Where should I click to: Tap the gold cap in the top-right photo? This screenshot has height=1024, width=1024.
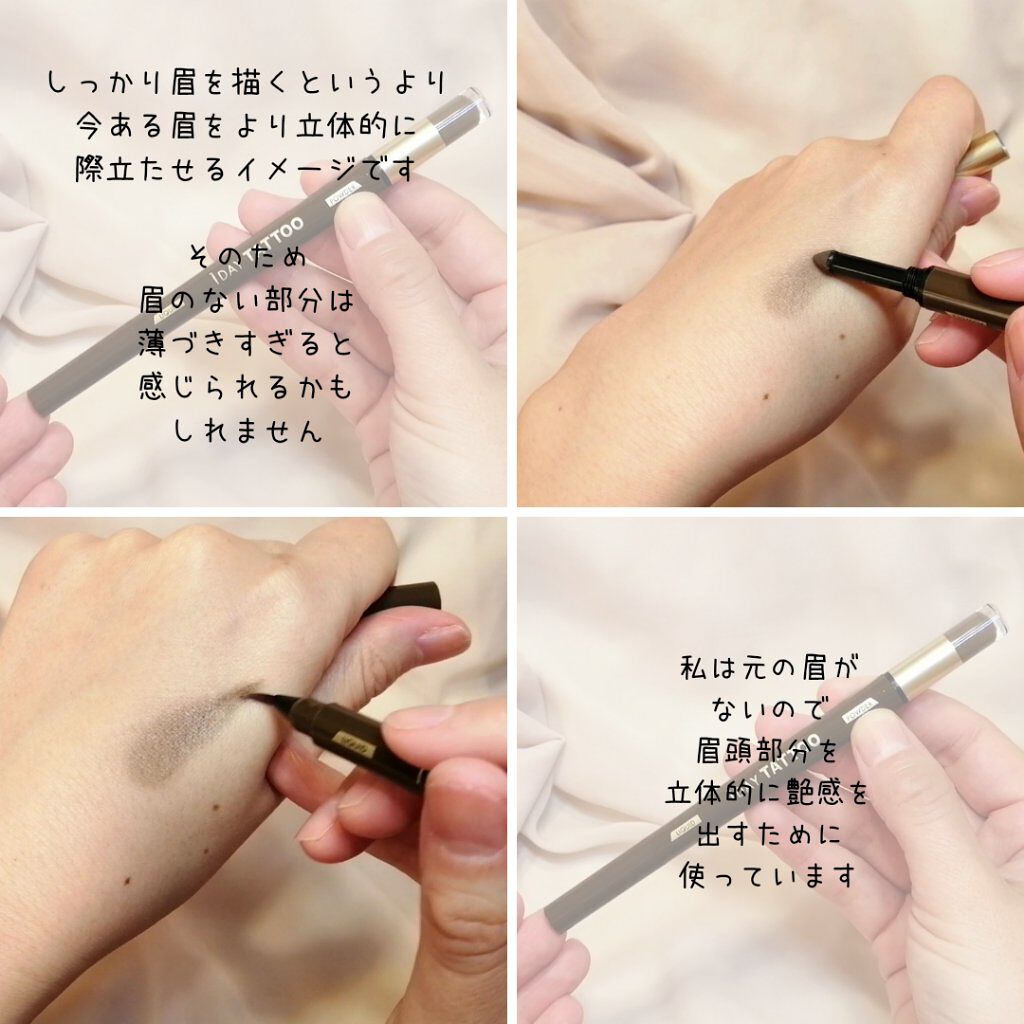[x=984, y=153]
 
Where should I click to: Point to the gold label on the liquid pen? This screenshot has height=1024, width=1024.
[x=354, y=744]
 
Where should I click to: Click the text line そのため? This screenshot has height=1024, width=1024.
[x=247, y=256]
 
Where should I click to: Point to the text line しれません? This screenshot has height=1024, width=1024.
[x=248, y=431]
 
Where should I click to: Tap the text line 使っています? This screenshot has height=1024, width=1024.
[x=767, y=875]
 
